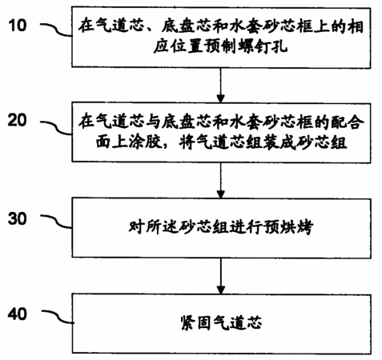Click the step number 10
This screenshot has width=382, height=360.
(18, 26)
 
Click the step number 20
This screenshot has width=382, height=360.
(18, 120)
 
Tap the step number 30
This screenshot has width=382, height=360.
(18, 218)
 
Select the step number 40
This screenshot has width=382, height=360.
(18, 314)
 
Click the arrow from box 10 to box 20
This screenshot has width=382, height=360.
(220, 86)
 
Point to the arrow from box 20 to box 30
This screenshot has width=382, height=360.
(220, 181)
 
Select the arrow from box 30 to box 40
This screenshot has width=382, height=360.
(220, 276)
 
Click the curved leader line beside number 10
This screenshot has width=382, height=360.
(56, 30)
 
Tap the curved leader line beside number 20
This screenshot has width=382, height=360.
(56, 127)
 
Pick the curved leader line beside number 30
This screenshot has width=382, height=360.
(56, 222)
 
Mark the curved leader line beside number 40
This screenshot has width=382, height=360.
(58, 317)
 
